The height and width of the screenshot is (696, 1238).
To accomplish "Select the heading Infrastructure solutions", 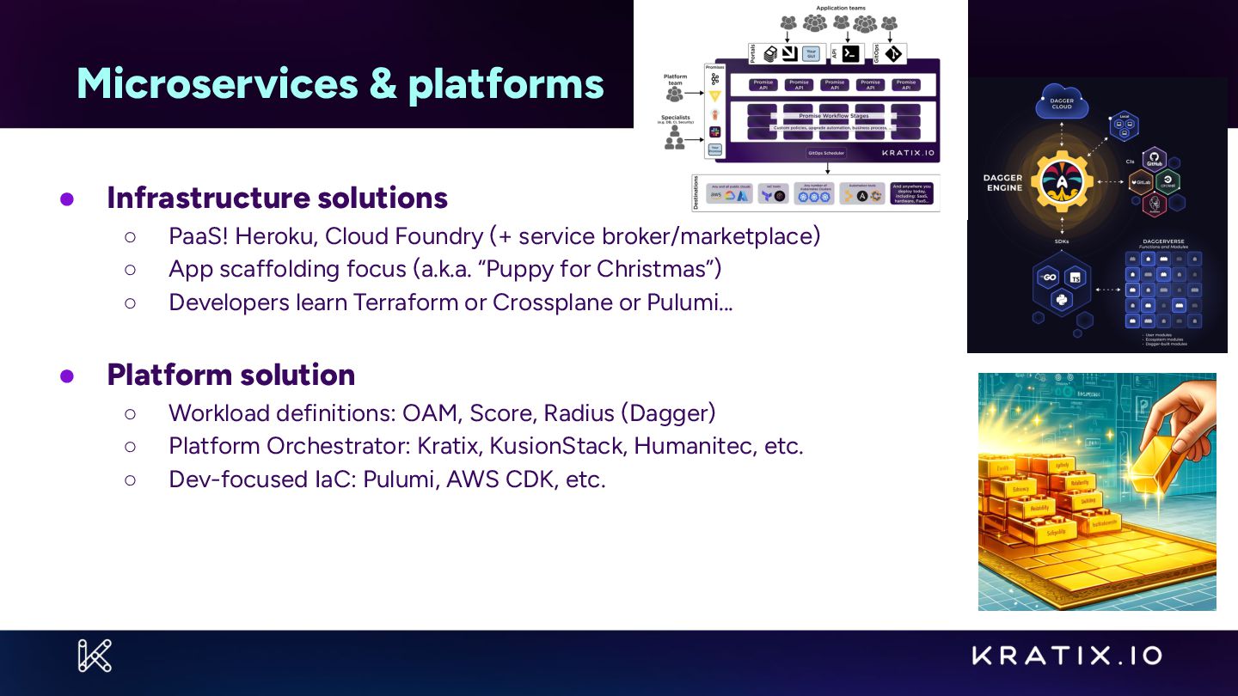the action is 277,198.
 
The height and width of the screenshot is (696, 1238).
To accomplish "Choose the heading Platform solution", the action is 230,375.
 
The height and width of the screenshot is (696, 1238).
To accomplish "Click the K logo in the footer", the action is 95,656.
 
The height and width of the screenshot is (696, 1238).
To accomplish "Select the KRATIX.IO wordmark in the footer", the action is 1067,656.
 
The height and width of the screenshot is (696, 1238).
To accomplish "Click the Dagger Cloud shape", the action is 1063,102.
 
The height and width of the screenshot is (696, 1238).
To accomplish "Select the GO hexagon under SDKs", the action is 1048,278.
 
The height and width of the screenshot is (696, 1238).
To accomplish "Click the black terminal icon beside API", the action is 850,53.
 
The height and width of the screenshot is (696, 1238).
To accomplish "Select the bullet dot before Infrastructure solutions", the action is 67,198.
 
